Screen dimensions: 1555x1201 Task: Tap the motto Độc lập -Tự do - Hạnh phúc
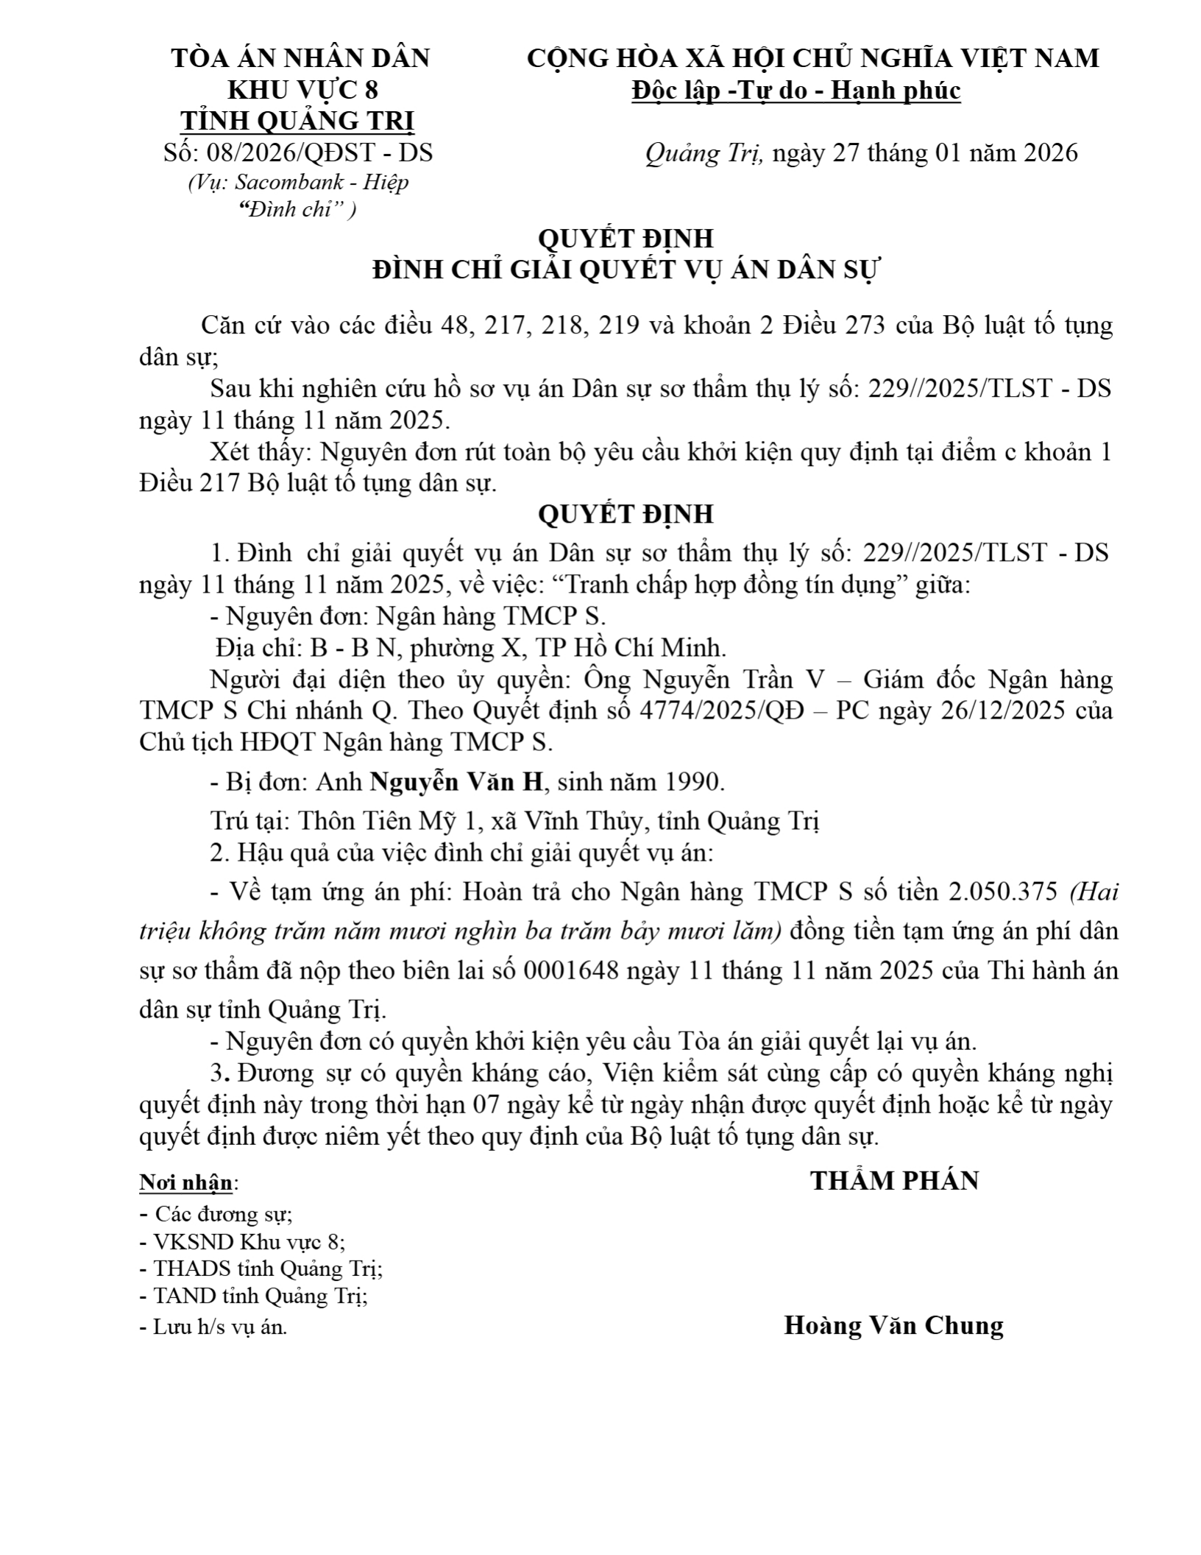(796, 91)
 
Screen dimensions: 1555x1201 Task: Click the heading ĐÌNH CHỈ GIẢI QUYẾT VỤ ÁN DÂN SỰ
(626, 270)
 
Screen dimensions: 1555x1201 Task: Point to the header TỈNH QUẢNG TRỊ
(297, 121)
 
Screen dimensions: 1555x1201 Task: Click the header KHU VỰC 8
(302, 90)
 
